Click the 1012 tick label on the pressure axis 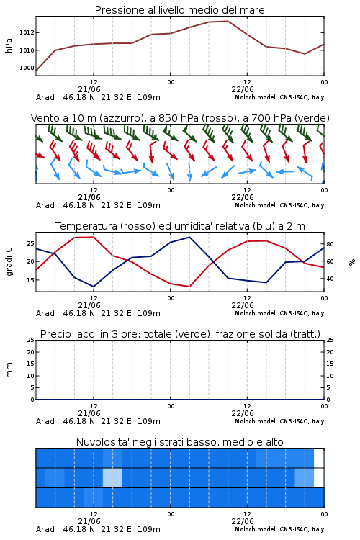[x=27, y=32]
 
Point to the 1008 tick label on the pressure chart [x=27, y=68]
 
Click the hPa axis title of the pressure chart [x=9, y=45]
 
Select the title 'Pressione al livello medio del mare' [x=180, y=10]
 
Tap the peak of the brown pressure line [x=228, y=21]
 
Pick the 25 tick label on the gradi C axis [x=30, y=243]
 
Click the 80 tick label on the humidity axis [x=330, y=244]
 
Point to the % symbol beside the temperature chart [x=352, y=262]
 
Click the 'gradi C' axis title [x=9, y=262]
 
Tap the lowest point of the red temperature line [x=189, y=287]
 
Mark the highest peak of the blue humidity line [x=189, y=237]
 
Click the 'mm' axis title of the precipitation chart [x=9, y=370]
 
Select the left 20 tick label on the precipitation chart [x=31, y=352]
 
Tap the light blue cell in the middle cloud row [x=112, y=477]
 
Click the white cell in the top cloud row [x=319, y=458]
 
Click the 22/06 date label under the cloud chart [x=243, y=521]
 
